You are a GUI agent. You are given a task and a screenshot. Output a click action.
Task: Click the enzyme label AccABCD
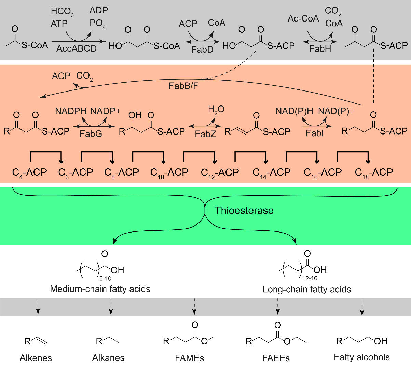(77, 48)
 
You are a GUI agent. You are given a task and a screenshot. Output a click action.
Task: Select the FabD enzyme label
(202, 49)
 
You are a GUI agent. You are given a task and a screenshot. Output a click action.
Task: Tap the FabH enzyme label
(320, 49)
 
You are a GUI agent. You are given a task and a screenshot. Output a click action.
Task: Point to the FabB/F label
(183, 85)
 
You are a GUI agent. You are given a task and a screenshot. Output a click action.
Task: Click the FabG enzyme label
(91, 133)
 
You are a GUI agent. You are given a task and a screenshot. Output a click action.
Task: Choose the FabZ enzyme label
(205, 134)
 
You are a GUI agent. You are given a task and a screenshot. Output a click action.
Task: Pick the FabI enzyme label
(315, 133)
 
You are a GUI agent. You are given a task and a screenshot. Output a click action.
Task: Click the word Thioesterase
(244, 210)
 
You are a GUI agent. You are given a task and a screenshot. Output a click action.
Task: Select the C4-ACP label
(29, 173)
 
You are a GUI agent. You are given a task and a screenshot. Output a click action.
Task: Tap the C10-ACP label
(169, 173)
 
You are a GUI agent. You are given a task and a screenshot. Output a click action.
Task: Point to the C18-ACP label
(374, 173)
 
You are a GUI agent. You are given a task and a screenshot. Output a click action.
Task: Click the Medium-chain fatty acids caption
(100, 289)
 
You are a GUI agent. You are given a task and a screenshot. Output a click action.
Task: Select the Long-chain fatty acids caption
(307, 290)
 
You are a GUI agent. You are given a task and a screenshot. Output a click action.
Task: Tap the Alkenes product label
(36, 358)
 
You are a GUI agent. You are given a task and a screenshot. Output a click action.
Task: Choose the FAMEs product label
(189, 358)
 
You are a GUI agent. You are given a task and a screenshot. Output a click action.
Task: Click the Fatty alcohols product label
(362, 357)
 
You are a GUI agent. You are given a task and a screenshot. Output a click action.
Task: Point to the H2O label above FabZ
(216, 110)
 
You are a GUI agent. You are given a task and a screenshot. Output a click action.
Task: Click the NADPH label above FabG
(71, 111)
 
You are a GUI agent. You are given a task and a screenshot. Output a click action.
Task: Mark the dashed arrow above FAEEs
(278, 307)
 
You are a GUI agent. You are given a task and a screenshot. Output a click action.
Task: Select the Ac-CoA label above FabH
(303, 18)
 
